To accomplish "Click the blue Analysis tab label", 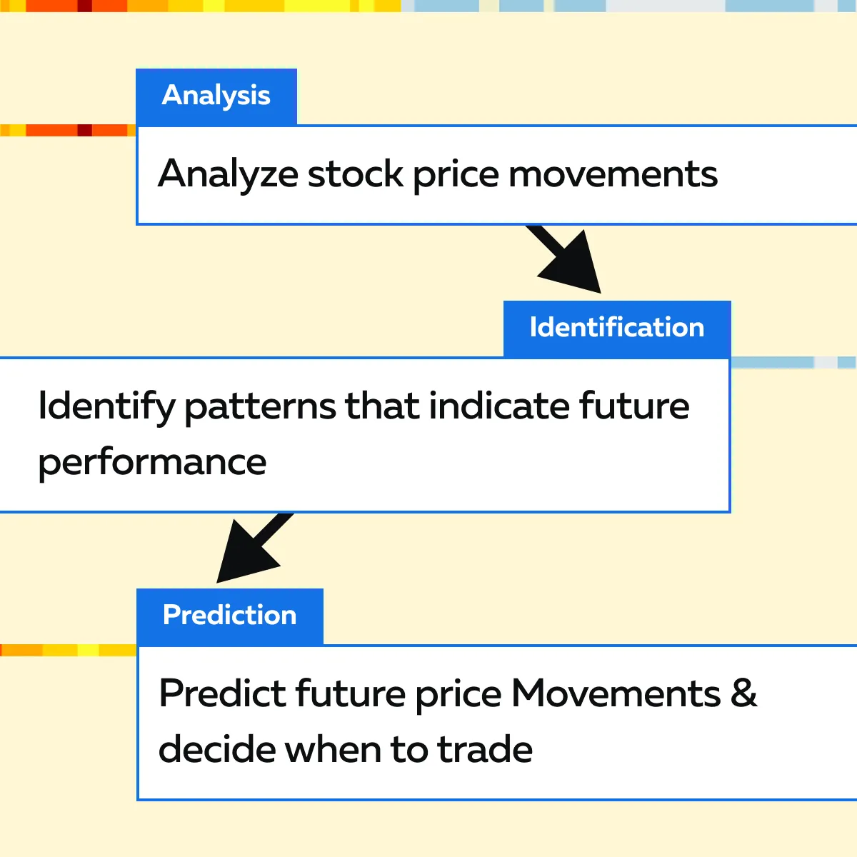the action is [216, 97].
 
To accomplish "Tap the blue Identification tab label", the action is [617, 329].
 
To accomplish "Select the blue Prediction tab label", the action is [229, 616].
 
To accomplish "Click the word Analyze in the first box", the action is [228, 175].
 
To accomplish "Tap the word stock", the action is [356, 174].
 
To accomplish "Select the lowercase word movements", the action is [613, 175].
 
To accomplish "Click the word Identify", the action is [106, 407].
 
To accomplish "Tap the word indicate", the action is [499, 406].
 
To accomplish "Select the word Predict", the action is [222, 693].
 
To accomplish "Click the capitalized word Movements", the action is [616, 694].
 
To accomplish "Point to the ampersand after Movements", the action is [743, 694].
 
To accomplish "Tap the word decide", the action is [216, 750].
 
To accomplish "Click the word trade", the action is [485, 750].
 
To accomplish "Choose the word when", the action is [332, 750].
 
